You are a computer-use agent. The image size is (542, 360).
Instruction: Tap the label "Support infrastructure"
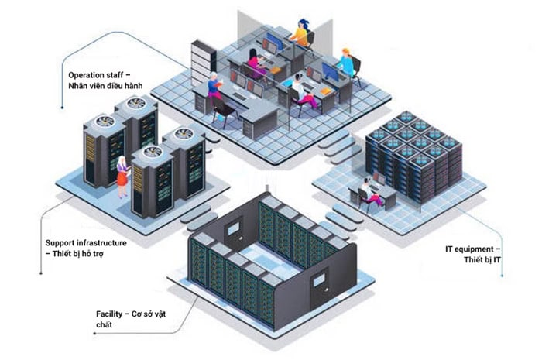pyautogui.click(x=86, y=243)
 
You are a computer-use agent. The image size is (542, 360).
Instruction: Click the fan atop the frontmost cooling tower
pyautogui.click(x=152, y=152)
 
